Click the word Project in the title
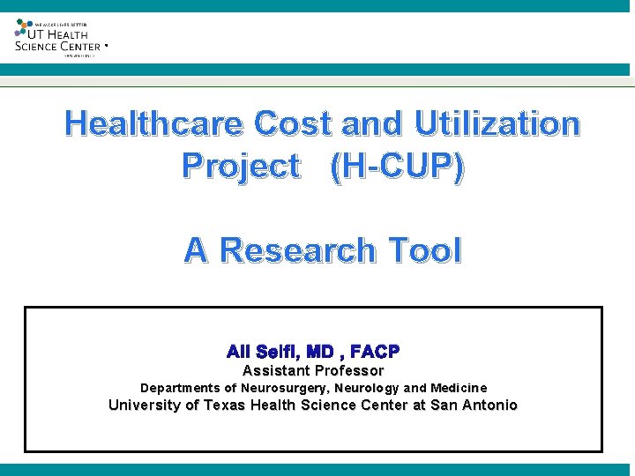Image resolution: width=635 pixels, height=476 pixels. click(x=240, y=166)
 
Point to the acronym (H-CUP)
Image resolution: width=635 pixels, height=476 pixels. click(x=397, y=166)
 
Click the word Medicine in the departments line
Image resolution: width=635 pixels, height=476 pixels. click(x=459, y=388)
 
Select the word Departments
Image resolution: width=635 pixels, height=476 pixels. click(x=181, y=388)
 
